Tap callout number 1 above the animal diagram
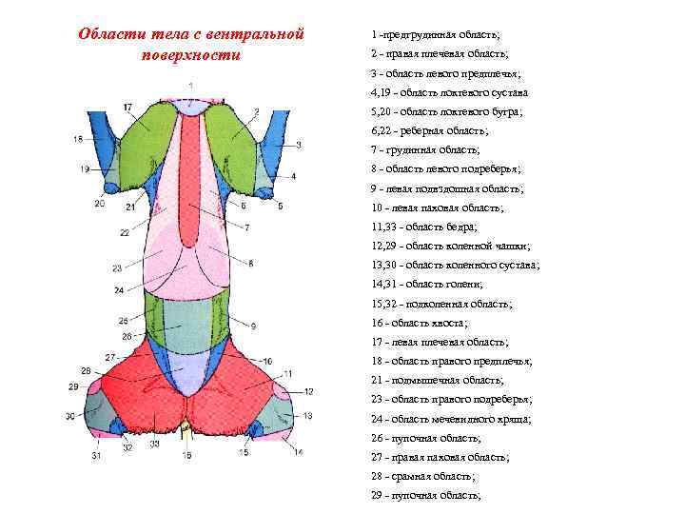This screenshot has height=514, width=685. click(191, 86)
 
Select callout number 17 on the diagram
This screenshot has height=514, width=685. click(127, 107)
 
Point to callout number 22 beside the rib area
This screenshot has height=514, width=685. click(125, 232)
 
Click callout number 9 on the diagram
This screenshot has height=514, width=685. click(254, 326)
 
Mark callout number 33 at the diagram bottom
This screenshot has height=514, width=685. click(154, 445)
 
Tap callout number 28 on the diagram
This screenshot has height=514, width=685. click(86, 370)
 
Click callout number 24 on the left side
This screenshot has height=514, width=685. click(119, 289)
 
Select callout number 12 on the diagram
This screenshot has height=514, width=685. click(308, 391)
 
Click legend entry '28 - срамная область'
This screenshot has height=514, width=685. click(423, 476)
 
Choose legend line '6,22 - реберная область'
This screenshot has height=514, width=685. click(429, 131)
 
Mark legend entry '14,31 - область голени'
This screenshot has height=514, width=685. click(427, 284)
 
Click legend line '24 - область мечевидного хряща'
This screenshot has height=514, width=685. click(451, 419)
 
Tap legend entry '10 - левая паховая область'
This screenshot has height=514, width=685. click(438, 208)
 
